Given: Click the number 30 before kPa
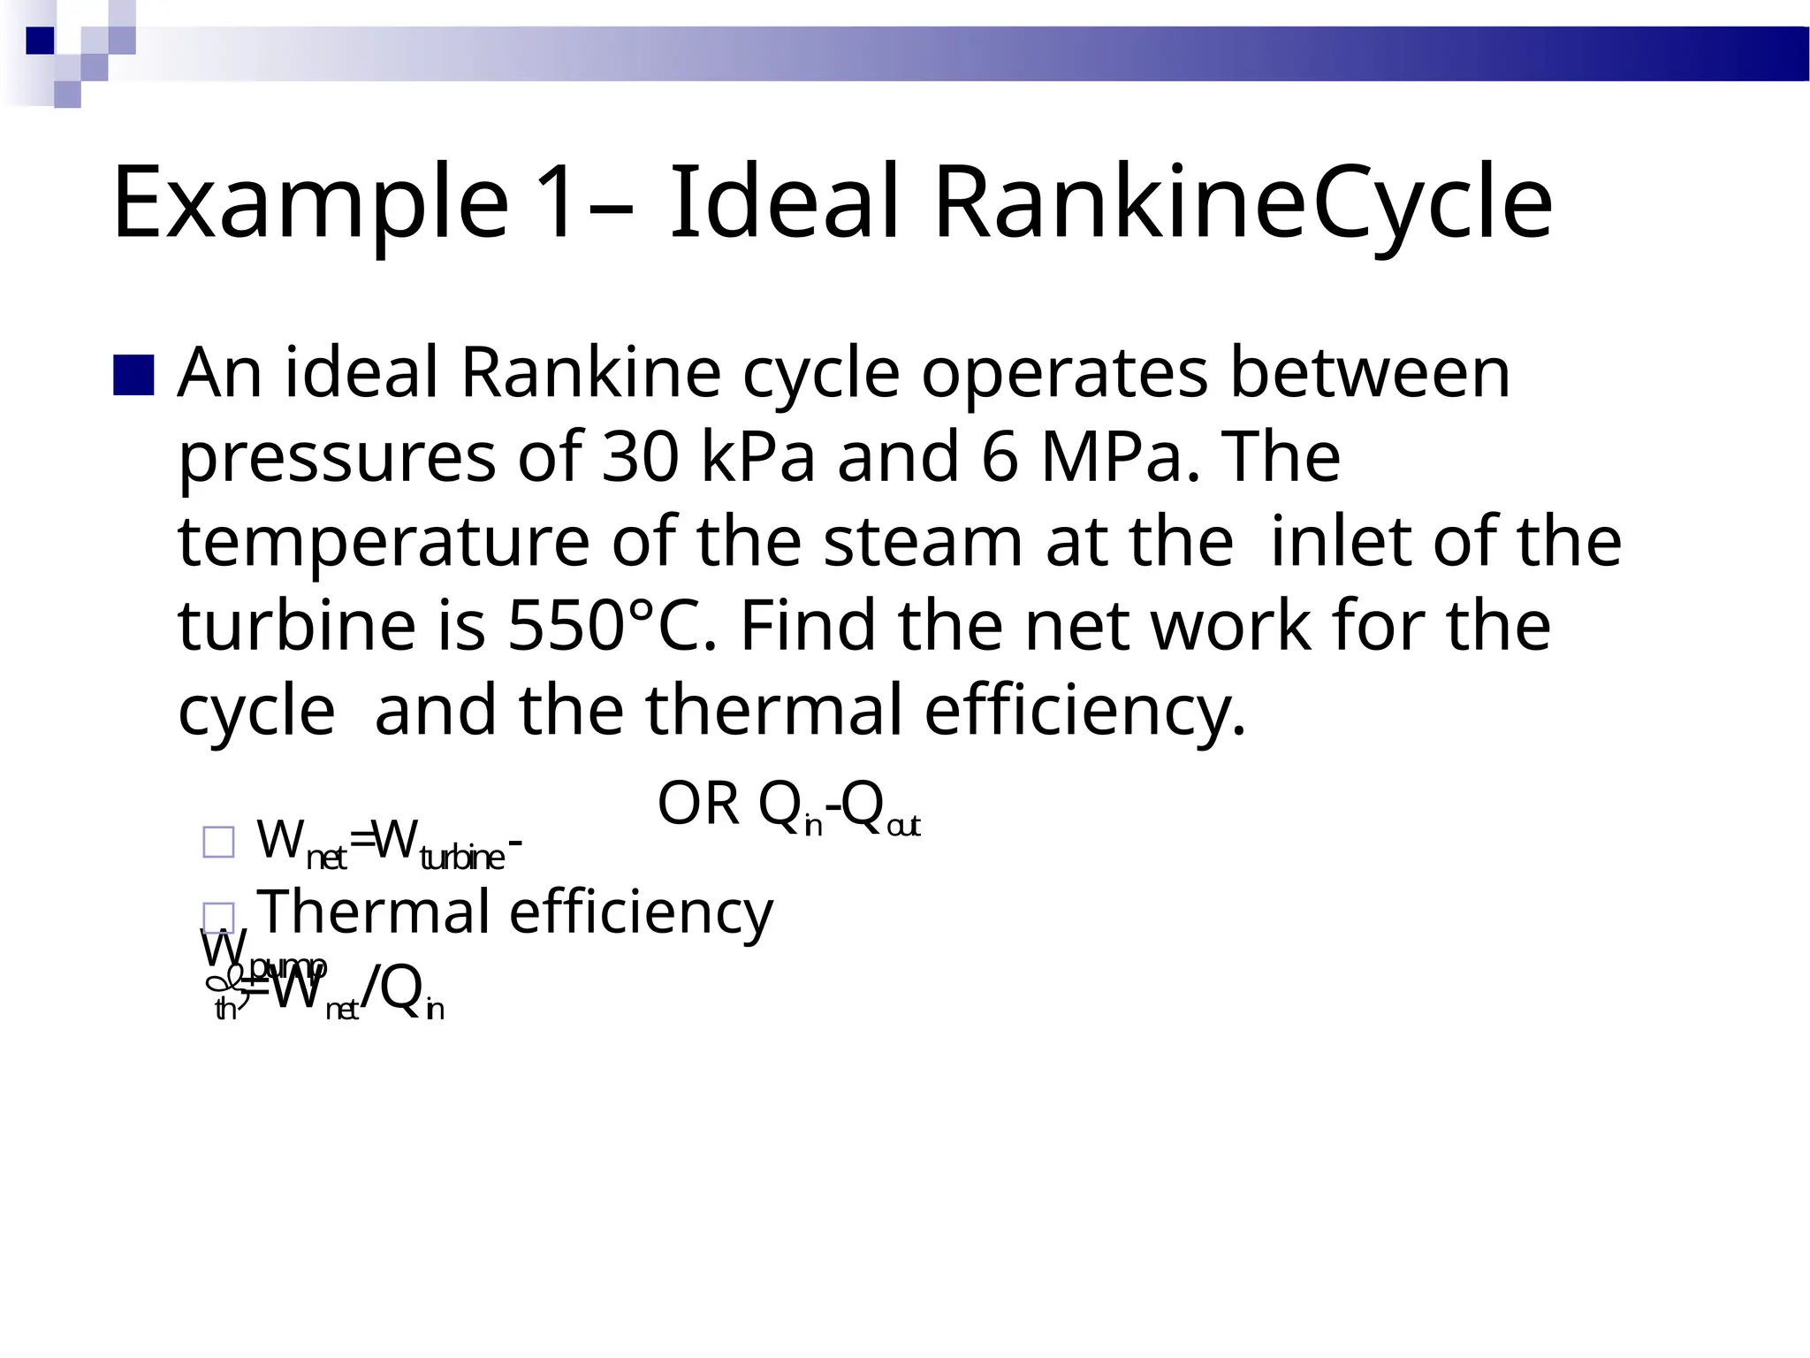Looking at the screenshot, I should tap(640, 457).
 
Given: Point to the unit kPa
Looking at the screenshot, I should tap(757, 457).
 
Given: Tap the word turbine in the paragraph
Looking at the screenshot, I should tap(297, 626).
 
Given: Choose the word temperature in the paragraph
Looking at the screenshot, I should tap(384, 543).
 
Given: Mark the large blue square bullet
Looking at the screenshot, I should tap(134, 375).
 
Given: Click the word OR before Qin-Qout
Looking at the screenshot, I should tap(698, 805).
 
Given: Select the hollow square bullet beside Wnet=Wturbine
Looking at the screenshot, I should tap(218, 842).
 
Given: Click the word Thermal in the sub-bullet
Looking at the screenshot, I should tap(374, 912).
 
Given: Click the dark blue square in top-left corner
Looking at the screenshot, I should tap(40, 41).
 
